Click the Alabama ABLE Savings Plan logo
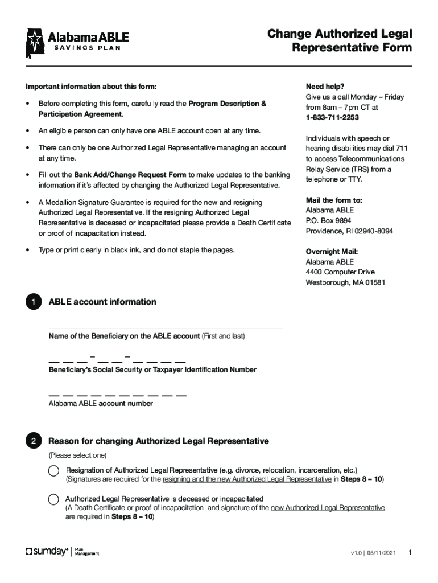point(77,42)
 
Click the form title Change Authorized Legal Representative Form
point(340,41)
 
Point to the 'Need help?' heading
point(325,87)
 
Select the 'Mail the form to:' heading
point(334,200)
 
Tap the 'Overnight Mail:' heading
point(332,252)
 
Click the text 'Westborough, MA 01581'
point(345,282)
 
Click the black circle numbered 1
point(34,302)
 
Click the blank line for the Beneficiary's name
point(166,325)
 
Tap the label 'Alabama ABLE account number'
point(101,403)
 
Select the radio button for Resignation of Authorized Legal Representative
point(53,470)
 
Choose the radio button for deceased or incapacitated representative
point(53,499)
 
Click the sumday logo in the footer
point(47,552)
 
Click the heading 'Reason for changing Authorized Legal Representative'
point(159,441)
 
